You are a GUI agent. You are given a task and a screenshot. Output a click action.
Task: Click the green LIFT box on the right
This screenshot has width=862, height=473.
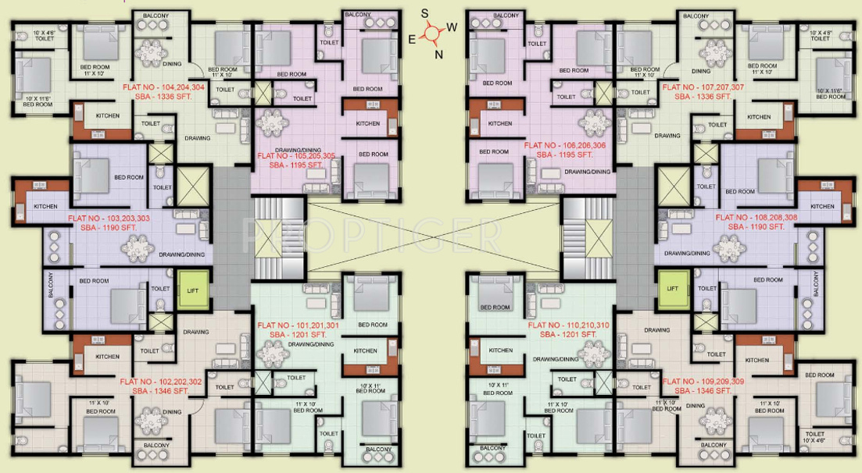[x=673, y=288]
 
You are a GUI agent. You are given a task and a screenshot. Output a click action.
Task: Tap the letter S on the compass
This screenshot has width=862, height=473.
[x=425, y=13]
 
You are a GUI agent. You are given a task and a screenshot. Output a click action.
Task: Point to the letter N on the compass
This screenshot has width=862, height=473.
[x=438, y=54]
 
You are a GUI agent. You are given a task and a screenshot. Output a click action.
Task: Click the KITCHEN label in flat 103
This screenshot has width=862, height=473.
[x=45, y=206]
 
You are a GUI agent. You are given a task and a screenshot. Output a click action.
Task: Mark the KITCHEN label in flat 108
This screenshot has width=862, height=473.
[x=822, y=207]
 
